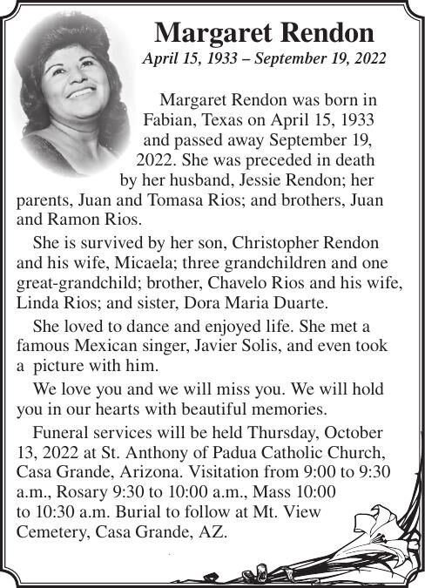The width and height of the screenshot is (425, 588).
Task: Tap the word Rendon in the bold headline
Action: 327,33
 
